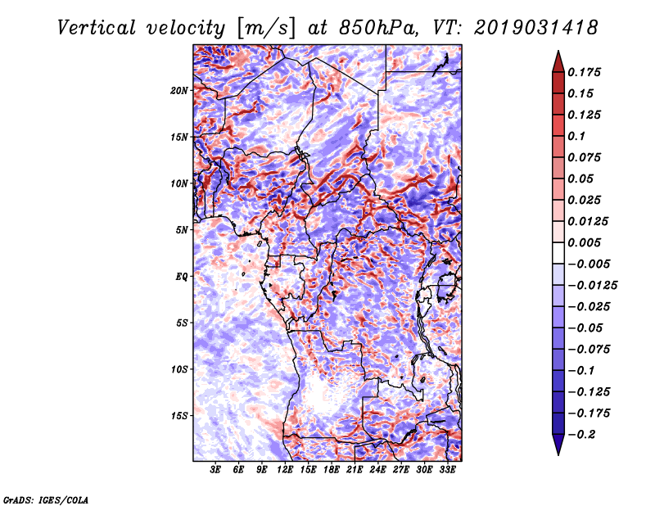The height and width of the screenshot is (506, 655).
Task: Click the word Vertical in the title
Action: click(x=97, y=28)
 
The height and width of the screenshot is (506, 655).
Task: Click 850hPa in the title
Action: click(x=378, y=28)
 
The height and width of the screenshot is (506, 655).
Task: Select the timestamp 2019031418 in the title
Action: click(x=536, y=28)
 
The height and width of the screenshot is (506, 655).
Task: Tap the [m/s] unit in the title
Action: click(x=266, y=29)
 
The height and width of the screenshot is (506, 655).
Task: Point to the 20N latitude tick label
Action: click(x=179, y=91)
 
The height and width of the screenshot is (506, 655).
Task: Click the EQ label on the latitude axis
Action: click(x=181, y=277)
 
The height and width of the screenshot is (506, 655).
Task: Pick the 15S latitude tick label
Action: click(x=179, y=416)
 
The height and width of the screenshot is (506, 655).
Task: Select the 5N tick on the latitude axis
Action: click(x=181, y=230)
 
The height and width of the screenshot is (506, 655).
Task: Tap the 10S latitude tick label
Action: click(x=179, y=369)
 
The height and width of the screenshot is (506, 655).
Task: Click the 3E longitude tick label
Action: click(x=215, y=470)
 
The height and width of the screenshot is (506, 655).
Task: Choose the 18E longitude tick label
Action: click(x=332, y=470)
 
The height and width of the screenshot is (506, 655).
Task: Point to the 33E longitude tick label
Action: click(x=447, y=470)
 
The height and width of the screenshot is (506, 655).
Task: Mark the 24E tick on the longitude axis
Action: click(x=377, y=470)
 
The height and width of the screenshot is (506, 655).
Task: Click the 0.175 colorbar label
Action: click(x=584, y=72)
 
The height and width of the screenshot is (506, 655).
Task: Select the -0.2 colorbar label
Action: click(x=581, y=435)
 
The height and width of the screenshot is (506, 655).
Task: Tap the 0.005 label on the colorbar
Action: click(x=584, y=242)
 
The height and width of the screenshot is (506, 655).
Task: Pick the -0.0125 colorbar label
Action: click(x=592, y=286)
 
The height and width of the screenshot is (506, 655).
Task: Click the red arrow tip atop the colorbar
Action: click(x=558, y=52)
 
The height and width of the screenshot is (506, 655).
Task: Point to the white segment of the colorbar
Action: click(x=558, y=253)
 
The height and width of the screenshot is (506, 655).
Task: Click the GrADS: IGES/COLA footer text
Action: click(x=46, y=500)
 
